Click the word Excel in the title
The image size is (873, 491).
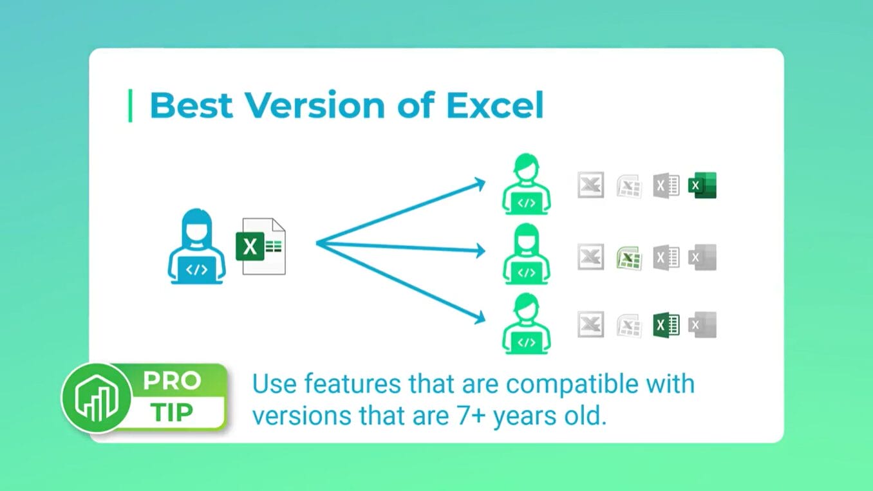coord(494,106)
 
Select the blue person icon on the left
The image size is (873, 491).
coord(196,246)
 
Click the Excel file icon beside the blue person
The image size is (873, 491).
coord(261,246)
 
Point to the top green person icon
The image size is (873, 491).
coord(527,184)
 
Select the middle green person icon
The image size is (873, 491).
coord(527,254)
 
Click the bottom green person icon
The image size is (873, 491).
coord(527,323)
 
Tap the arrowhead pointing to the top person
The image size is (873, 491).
coord(479,184)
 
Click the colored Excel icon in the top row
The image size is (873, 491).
coord(702,185)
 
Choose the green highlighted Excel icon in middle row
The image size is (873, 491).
coord(628,257)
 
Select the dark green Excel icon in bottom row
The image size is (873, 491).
coord(666,324)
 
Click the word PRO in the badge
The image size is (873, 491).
coord(172,381)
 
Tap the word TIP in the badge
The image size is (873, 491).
coord(172,412)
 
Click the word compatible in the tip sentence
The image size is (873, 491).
coord(574,384)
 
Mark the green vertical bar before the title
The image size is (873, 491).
coord(131,106)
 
